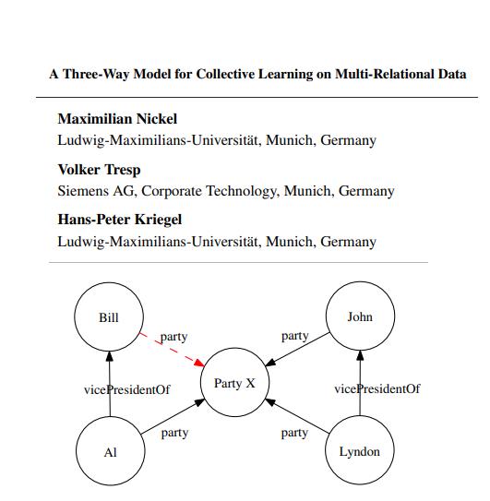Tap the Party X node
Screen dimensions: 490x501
coord(234,382)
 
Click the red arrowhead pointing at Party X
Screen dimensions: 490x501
coord(199,363)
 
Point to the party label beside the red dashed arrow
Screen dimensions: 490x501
coord(173,337)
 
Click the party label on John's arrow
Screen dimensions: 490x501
coord(294,336)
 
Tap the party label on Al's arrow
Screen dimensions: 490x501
coord(174,433)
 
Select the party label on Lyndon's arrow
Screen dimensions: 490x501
coord(294,433)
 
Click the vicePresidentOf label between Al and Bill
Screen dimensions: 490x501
coord(127,389)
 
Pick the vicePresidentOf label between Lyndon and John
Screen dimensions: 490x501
coord(377,388)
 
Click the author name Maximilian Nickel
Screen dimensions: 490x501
coord(117,119)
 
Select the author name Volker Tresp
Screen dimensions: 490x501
coord(99,170)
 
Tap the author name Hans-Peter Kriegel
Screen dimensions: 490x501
coord(120,220)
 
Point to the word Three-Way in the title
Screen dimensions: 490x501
coord(96,74)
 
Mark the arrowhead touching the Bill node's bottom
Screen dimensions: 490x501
coord(110,356)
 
